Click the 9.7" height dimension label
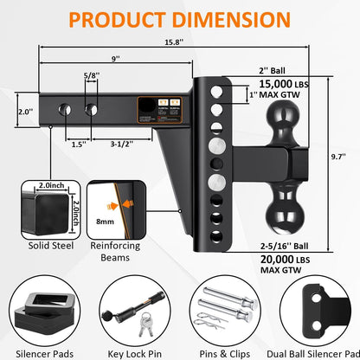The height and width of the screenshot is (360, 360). pyautogui.click(x=345, y=158)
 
